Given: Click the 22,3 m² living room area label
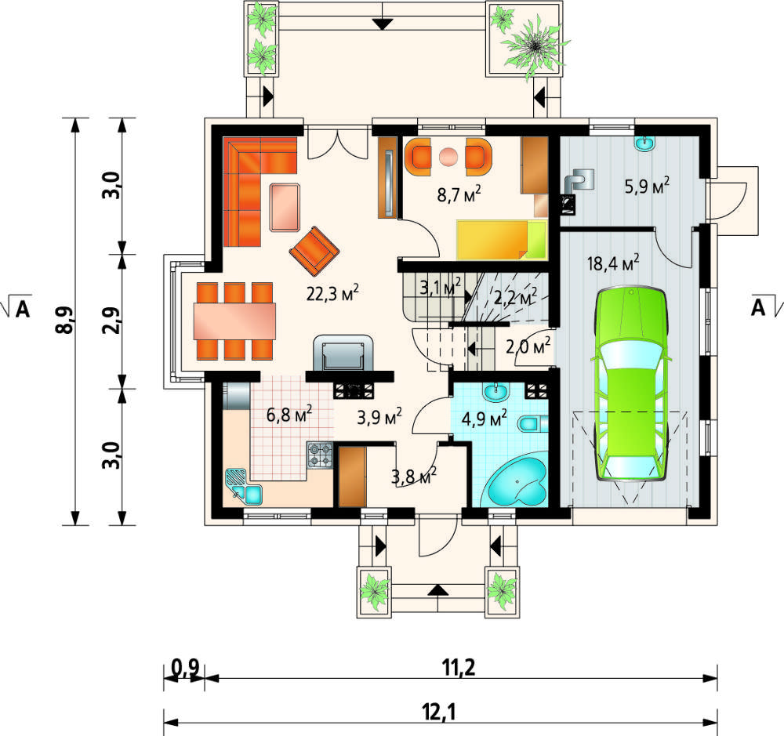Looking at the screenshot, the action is [332, 293].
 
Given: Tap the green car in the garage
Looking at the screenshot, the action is [631, 384].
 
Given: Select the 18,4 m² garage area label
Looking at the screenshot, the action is [614, 263].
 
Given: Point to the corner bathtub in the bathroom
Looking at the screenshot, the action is [517, 482].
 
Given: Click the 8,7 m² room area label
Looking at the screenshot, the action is [459, 194].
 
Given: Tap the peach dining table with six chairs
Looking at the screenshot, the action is [235, 321].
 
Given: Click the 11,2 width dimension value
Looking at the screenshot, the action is [458, 668].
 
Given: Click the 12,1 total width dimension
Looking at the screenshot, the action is [440, 712].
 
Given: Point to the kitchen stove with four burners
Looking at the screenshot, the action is [320, 455].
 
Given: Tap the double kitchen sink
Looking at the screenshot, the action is [244, 486].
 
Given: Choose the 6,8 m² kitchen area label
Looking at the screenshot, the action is [289, 415].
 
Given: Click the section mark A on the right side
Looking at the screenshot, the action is [758, 309].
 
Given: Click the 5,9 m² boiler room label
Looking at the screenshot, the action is [647, 187].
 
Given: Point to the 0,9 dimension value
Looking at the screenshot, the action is [186, 668].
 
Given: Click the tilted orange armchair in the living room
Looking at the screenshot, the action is [314, 252].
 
